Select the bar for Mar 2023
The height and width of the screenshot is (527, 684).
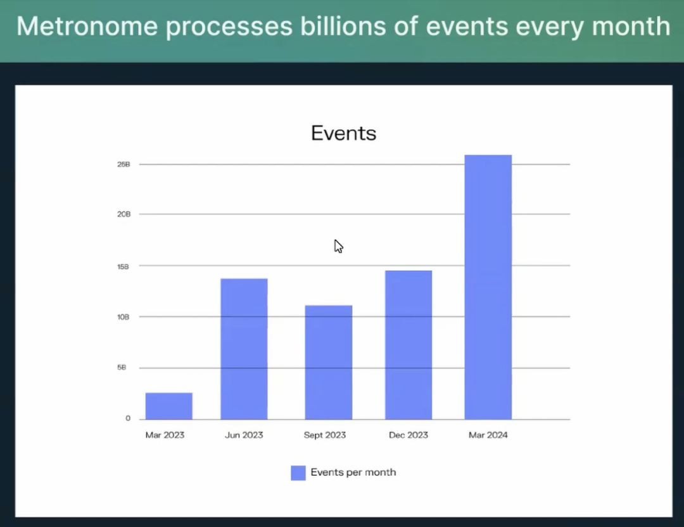169,406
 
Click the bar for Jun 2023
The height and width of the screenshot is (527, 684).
244,349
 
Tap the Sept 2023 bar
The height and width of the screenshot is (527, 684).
329,363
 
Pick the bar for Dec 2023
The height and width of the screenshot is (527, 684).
408,345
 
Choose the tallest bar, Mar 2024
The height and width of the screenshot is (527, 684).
488,287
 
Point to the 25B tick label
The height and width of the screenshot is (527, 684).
123,164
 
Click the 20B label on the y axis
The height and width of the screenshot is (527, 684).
123,214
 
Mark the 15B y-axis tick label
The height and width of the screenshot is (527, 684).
123,266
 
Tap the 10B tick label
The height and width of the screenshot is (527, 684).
123,317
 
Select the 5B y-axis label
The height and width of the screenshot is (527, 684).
121,368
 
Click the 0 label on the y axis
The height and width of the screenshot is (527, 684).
128,418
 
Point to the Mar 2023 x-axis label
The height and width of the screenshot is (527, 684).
165,435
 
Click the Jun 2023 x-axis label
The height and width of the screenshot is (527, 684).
244,435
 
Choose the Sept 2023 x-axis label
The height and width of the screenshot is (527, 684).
325,435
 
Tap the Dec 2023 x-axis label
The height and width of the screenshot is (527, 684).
408,435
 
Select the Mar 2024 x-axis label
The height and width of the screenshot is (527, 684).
488,435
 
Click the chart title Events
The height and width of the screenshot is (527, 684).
344,133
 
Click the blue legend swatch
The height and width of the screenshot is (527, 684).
298,473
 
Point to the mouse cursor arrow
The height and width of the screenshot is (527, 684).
338,246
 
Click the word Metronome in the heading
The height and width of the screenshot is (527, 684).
87,26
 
